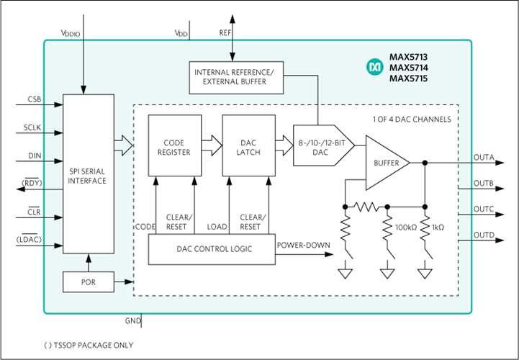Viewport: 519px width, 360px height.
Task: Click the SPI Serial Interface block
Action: tap(89, 174)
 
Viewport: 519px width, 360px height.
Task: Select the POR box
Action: tap(89, 282)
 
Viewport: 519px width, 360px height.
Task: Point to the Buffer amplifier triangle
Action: tap(386, 163)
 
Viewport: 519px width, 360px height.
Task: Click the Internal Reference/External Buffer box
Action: tap(235, 77)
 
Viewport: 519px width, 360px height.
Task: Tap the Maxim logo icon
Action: tap(374, 67)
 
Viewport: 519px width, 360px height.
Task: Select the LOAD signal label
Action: tap(217, 227)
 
